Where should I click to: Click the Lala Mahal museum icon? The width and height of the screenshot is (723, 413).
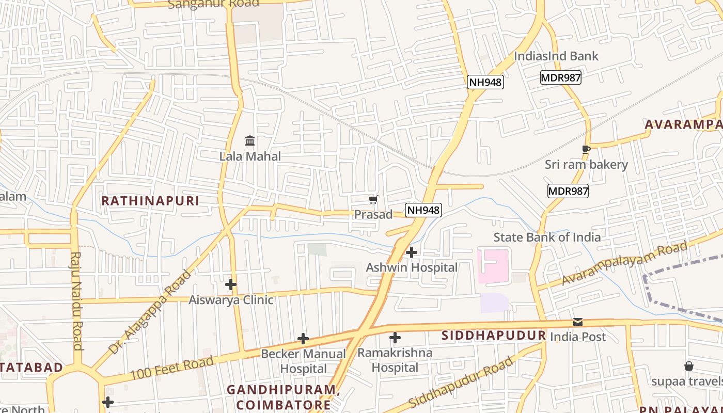coord(250,140)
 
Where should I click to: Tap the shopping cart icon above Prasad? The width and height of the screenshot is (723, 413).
coord(373,199)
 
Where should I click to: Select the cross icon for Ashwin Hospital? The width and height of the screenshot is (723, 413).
coord(412,252)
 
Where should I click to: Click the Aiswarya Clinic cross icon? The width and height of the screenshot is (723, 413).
coord(231,284)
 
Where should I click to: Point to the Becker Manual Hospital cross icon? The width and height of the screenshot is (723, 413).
coord(303,339)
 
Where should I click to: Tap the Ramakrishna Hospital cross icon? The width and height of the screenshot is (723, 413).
coord(395,338)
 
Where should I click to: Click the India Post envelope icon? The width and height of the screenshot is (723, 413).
coord(578,323)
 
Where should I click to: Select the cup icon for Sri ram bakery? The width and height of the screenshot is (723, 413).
coord(586,150)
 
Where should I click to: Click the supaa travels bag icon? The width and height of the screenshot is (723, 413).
coord(688,366)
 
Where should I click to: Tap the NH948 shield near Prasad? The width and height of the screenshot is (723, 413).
coord(423,210)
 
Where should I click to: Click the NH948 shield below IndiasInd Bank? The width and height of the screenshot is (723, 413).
coord(485,82)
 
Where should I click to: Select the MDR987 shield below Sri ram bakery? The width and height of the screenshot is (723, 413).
coord(568,191)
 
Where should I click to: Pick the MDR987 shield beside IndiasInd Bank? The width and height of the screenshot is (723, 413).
coord(561,78)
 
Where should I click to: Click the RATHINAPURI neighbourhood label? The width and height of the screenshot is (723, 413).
coord(150,201)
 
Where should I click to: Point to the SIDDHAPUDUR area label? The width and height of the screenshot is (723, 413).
coord(494,336)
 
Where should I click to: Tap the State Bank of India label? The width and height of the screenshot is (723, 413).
coord(547,237)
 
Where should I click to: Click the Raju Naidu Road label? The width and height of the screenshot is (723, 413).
coord(77,300)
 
